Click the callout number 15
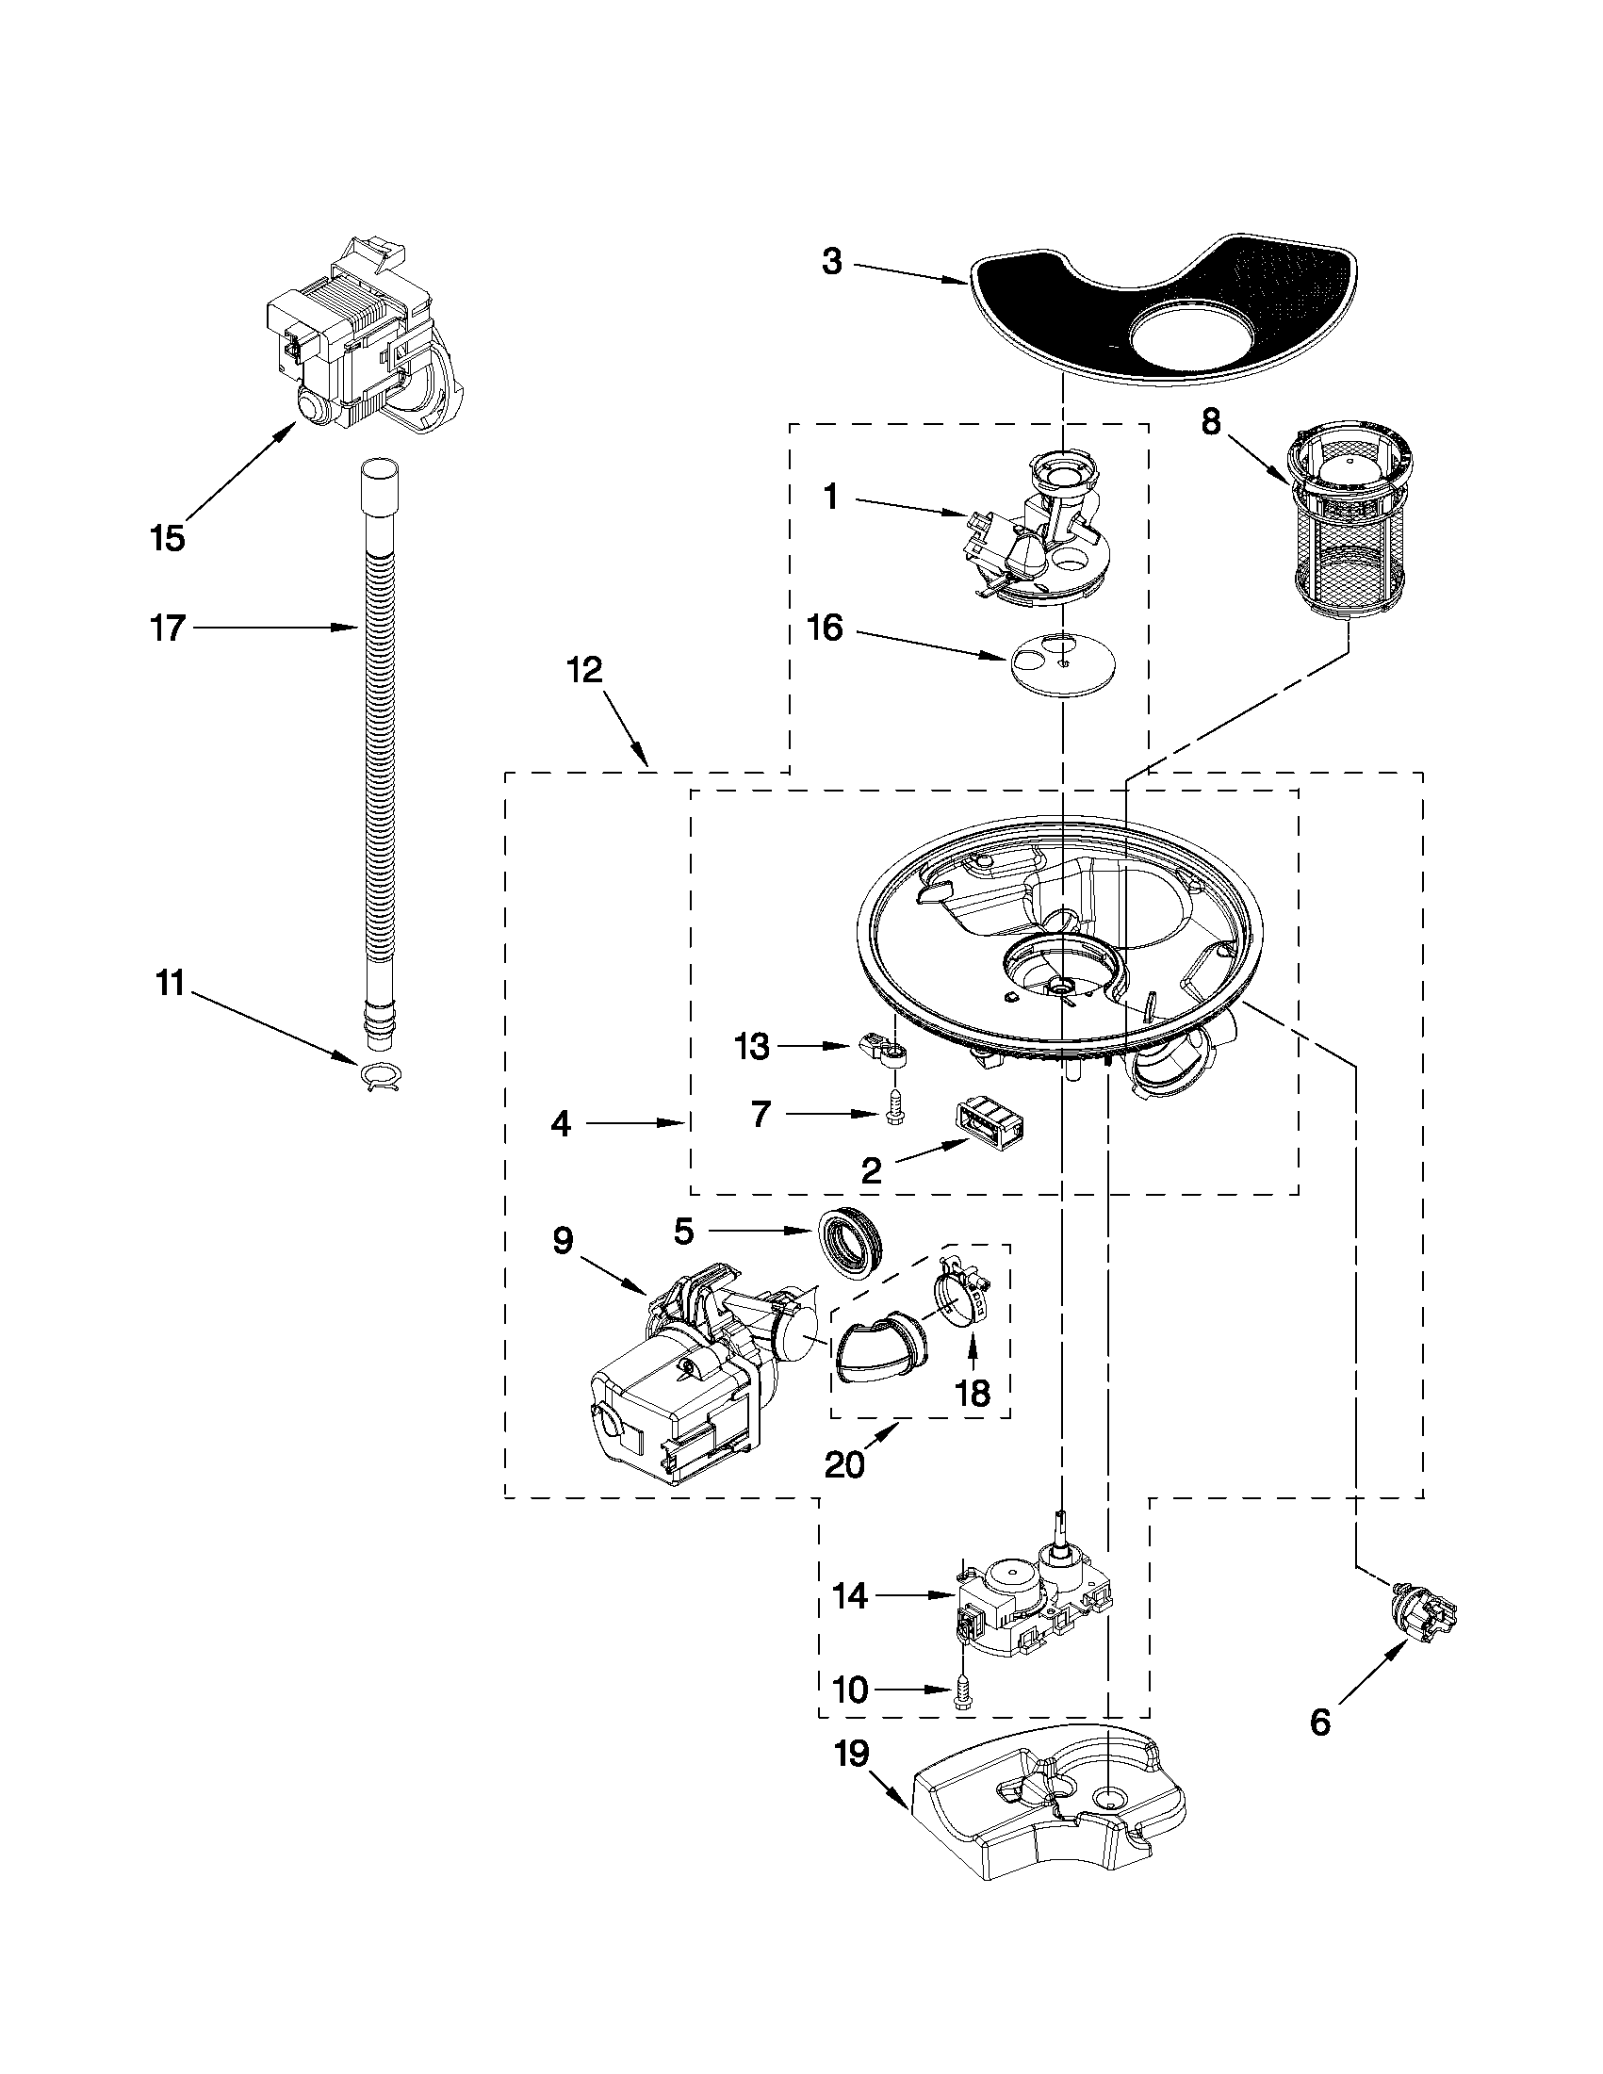[x=167, y=538]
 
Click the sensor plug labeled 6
[x=1419, y=1611]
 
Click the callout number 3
[x=832, y=262]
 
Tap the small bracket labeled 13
[x=884, y=1051]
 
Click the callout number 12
[x=585, y=672]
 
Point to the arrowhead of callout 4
[x=680, y=1123]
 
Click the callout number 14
[x=850, y=1596]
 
